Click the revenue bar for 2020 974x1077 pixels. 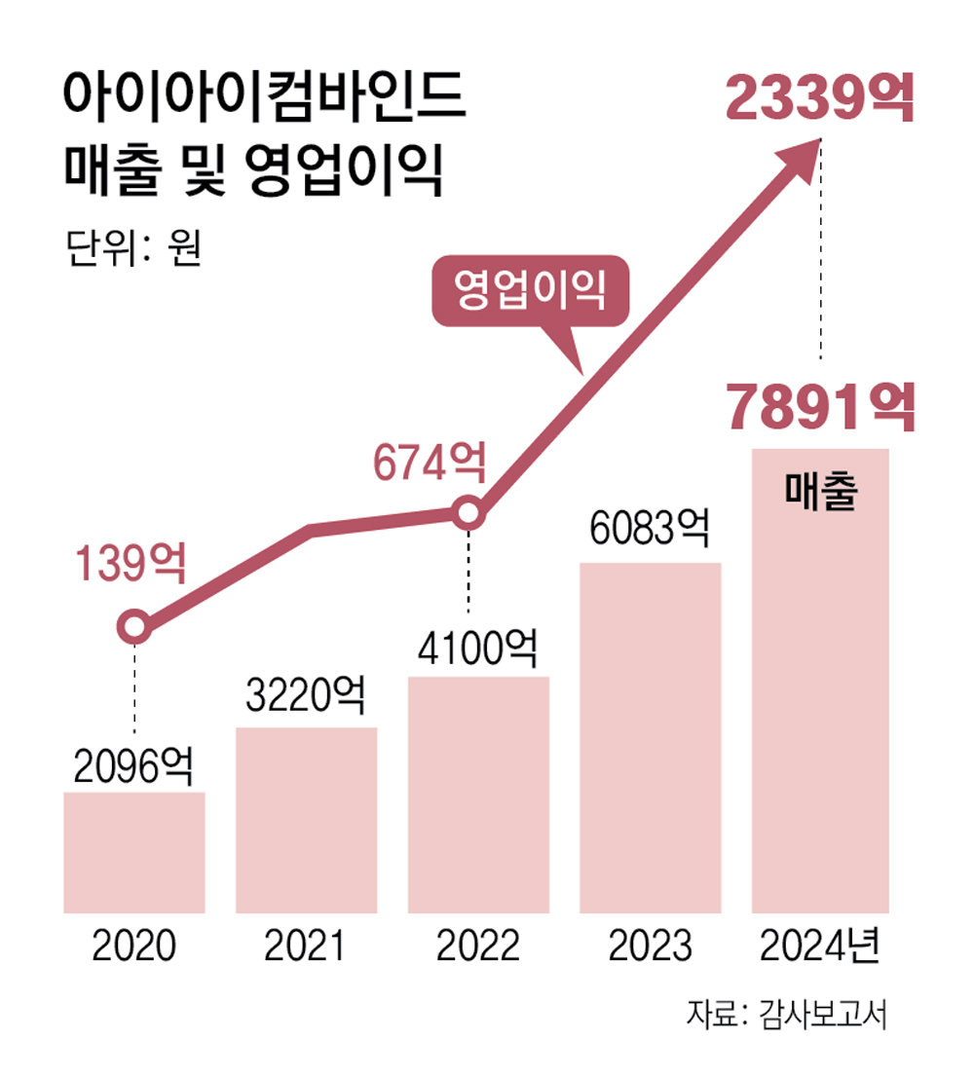pyautogui.click(x=134, y=852)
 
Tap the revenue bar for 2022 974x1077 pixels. pyautogui.click(x=478, y=795)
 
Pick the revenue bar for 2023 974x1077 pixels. pyautogui.click(x=650, y=737)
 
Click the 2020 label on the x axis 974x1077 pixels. pyautogui.click(x=134, y=946)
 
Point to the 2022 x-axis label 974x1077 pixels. pyautogui.click(x=478, y=946)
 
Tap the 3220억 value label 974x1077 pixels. pyautogui.click(x=306, y=697)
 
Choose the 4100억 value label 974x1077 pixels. pyautogui.click(x=478, y=647)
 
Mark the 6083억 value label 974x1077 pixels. pyautogui.click(x=650, y=531)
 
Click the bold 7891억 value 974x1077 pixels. pyautogui.click(x=820, y=409)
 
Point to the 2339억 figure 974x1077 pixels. pyautogui.click(x=820, y=100)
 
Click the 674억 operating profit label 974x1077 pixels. pyautogui.click(x=428, y=464)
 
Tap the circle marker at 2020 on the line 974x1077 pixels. pyautogui.click(x=134, y=627)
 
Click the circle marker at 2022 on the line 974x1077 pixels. pyautogui.click(x=468, y=512)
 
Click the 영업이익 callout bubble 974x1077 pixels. pyautogui.click(x=531, y=291)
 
